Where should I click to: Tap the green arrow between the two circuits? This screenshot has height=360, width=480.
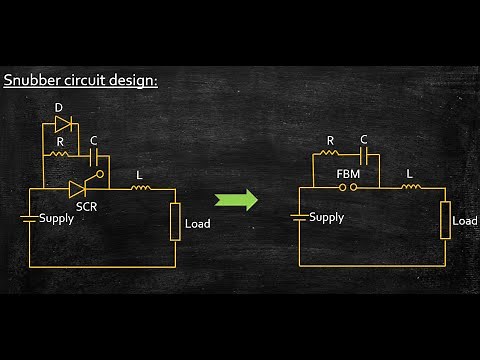(237, 199)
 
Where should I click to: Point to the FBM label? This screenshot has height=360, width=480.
(348, 173)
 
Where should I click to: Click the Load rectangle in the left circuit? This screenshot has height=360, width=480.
(175, 221)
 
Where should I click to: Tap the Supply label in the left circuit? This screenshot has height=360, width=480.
(56, 218)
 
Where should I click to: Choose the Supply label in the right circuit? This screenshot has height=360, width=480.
(326, 217)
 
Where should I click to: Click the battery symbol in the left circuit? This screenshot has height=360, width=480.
(30, 217)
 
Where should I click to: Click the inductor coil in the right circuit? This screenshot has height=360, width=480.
(411, 186)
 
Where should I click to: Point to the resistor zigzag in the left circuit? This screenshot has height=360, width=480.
(61, 156)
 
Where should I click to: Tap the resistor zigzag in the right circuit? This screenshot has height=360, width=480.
(330, 156)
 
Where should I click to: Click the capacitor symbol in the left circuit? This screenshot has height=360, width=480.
(94, 156)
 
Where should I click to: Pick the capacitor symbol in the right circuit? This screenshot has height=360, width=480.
(364, 156)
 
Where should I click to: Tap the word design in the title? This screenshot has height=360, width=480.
(132, 80)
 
